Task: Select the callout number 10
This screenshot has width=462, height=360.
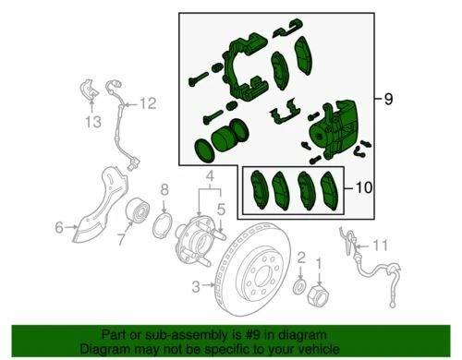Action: (x=363, y=189)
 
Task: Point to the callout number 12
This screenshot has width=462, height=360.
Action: (x=149, y=102)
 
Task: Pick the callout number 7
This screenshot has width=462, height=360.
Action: (x=120, y=241)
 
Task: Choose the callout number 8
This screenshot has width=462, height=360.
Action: (x=164, y=191)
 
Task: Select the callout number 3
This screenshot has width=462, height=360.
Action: (x=195, y=287)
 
